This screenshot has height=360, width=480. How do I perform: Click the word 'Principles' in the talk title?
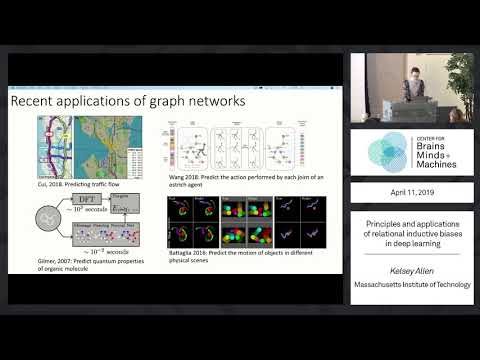(x=383, y=225)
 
